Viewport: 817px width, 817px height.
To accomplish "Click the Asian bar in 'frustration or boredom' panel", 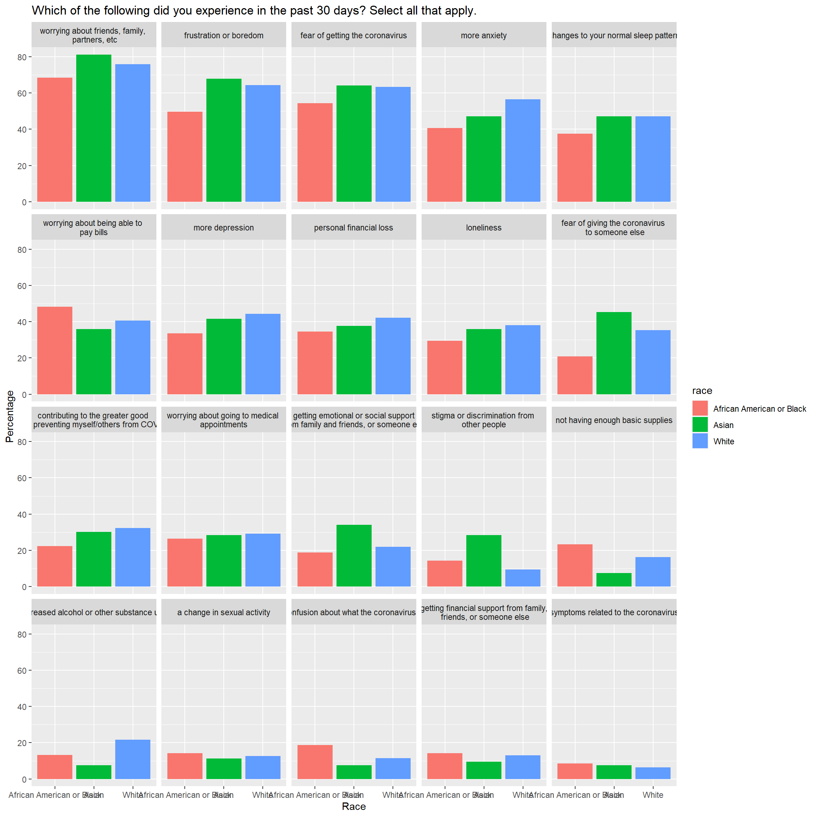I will (x=224, y=140).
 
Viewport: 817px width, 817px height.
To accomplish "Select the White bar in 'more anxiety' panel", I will (x=523, y=150).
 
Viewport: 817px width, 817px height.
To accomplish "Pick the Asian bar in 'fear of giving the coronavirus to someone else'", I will (x=613, y=353).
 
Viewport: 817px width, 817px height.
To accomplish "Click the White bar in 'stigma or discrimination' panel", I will (x=523, y=578).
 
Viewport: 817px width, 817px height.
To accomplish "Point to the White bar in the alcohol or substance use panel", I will (x=132, y=760).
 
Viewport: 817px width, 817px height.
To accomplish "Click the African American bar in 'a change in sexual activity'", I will (x=185, y=766).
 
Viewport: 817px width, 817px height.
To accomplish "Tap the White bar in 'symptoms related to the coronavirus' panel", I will (x=652, y=773).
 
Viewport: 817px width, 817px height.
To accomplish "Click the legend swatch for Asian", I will (x=700, y=424).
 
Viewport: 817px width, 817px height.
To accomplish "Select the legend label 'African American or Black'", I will (x=759, y=408).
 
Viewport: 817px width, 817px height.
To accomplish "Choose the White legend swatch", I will (x=700, y=441).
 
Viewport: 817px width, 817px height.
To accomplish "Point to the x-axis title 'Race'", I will (x=354, y=806).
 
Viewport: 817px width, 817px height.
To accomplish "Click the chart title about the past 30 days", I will (x=254, y=11).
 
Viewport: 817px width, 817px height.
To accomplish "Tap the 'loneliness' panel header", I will (x=483, y=228).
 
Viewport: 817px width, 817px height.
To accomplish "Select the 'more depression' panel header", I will (x=224, y=228).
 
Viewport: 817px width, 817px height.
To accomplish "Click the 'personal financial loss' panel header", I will (x=354, y=228).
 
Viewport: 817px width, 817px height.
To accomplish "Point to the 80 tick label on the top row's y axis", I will (x=22, y=57).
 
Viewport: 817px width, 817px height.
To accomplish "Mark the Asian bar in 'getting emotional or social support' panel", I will (x=354, y=555).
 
